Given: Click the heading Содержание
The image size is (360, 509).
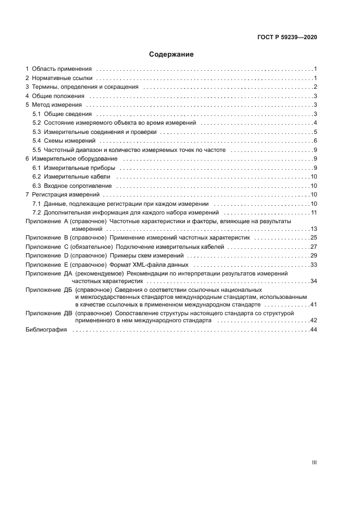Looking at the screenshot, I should [x=171, y=54].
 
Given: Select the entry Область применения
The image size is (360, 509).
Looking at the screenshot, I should [x=61, y=69].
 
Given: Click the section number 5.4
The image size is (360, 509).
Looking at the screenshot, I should [x=36, y=140].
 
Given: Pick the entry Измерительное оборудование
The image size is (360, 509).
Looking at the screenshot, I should [x=75, y=158].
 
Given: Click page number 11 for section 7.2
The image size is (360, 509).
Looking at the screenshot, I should [x=314, y=212].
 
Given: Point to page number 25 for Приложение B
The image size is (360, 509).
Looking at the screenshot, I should [x=313, y=238].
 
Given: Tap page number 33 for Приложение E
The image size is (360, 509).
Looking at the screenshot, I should [x=313, y=264].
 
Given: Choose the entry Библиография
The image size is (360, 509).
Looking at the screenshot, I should [x=46, y=330].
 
